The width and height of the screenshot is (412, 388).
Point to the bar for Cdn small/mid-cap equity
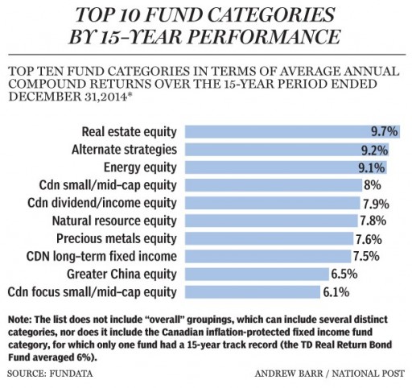[x=274, y=185]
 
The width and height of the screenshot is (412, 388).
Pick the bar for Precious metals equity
[x=270, y=238]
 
